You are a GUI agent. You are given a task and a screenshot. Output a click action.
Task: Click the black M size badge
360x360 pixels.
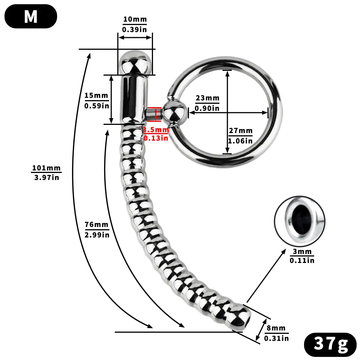point(31,16)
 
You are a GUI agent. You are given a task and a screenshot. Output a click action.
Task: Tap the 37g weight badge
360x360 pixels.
point(330,344)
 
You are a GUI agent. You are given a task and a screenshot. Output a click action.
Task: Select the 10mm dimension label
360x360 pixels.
point(135,19)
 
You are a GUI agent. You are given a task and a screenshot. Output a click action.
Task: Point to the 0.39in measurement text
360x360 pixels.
point(134,30)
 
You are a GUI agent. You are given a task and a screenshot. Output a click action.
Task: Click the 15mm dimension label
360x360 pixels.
point(96,96)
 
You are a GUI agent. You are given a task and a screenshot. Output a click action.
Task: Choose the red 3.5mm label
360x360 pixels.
point(156,130)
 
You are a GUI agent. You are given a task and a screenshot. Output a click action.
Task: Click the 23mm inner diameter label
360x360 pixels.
point(207,98)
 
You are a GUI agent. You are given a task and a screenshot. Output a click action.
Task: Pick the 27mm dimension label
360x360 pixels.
point(240,131)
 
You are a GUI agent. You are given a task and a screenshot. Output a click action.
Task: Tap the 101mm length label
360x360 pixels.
point(46,168)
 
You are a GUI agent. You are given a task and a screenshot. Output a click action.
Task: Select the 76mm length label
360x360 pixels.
point(96,224)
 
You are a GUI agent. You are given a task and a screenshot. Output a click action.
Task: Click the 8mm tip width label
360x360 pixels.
point(276,328)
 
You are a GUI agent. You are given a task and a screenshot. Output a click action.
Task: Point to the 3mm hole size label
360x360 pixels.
point(302,251)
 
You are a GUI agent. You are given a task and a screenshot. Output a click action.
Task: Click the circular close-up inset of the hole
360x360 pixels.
point(300,221)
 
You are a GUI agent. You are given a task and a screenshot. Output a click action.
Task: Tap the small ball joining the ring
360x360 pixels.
point(174,112)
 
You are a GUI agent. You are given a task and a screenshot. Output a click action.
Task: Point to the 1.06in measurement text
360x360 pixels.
point(240,141)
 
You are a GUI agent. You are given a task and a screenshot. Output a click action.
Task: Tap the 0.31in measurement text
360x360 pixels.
point(276,338)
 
